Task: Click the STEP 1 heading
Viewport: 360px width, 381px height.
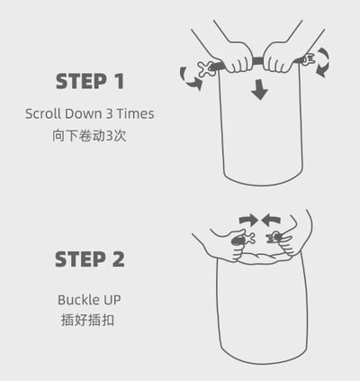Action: coord(89,81)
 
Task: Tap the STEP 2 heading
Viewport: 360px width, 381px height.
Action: coord(89,259)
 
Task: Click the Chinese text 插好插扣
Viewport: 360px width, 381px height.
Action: coord(89,320)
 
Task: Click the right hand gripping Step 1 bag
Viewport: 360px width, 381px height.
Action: coord(281,57)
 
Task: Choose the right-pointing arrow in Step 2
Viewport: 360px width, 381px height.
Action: coord(248,219)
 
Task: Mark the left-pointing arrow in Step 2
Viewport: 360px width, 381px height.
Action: coord(271,219)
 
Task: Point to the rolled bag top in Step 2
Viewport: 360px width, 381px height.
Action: coord(261,255)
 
